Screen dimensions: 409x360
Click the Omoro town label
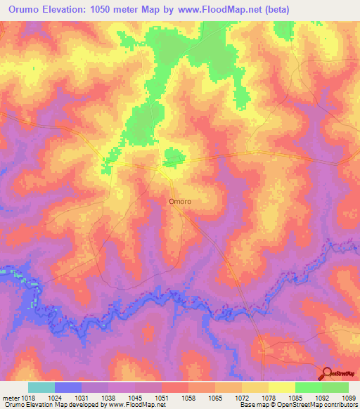pyautogui.click(x=180, y=201)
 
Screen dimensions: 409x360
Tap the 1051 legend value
pyautogui.click(x=161, y=398)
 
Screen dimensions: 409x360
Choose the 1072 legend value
pyautogui.click(x=241, y=398)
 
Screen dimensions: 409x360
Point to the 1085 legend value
pyautogui.click(x=295, y=398)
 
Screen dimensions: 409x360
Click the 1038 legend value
pyautogui.click(x=108, y=398)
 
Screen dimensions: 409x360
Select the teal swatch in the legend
pyautogui.click(x=41, y=387)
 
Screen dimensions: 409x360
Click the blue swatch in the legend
pyautogui.click(x=68, y=387)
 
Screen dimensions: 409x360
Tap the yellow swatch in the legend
pyautogui.click(x=282, y=387)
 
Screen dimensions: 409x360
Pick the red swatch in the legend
pyautogui.click(x=175, y=387)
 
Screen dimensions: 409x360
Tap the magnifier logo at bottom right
pyautogui.click(x=326, y=374)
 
